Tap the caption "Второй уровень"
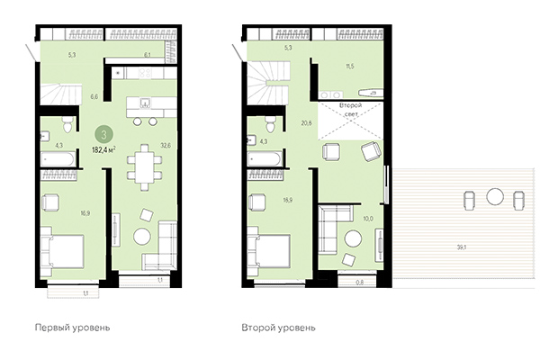coord(278,328)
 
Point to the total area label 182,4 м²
coord(108,148)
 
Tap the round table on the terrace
coord(493,195)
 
